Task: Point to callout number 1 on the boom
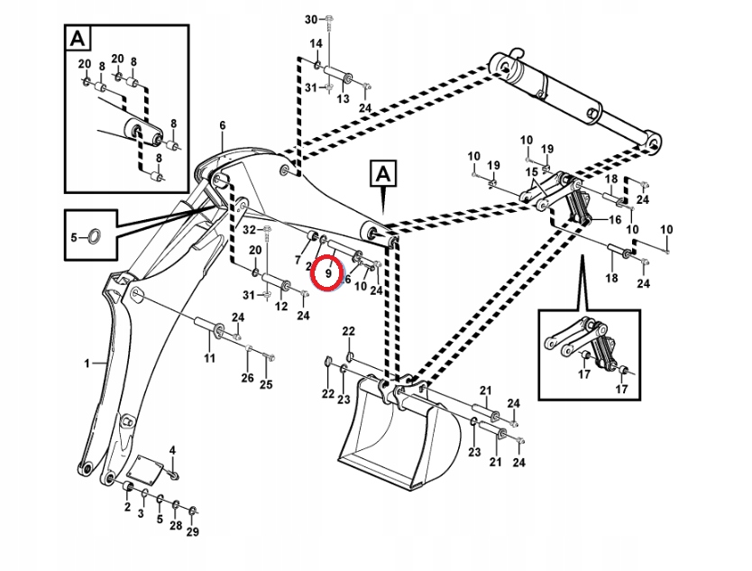88,363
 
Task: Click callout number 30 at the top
311,19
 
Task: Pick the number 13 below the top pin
343,99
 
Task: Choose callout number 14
316,44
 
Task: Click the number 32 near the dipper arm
250,232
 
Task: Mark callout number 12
280,307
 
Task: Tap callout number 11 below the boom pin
209,359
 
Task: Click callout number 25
266,385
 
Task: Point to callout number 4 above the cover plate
172,450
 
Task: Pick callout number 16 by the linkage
615,219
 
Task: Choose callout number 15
531,171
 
